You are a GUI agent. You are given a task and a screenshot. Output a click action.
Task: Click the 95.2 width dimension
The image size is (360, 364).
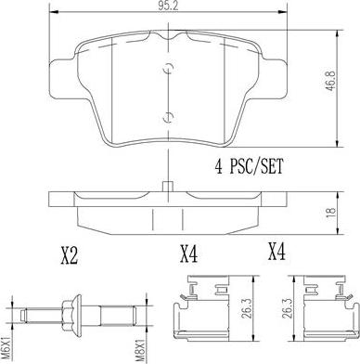pyautogui.click(x=168, y=8)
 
